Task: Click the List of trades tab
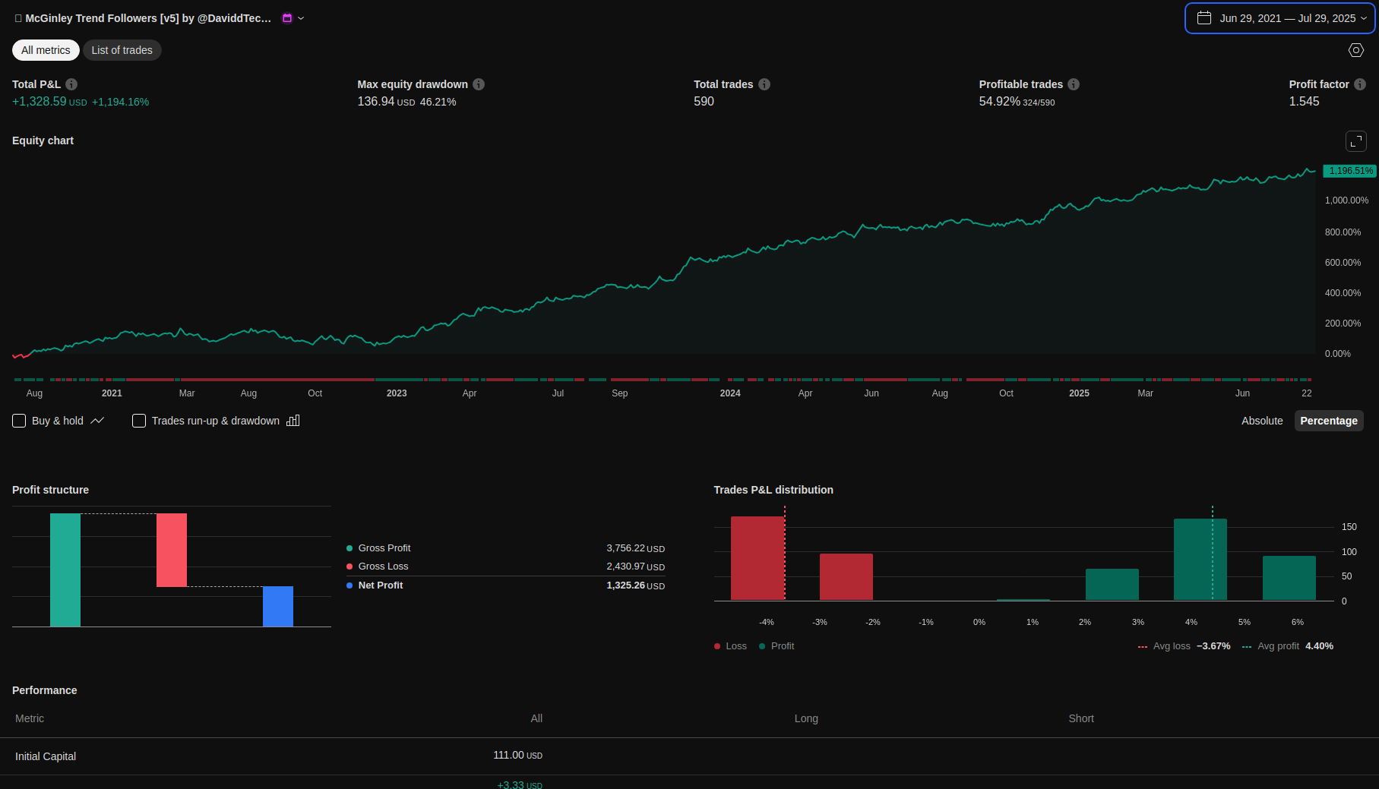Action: (x=122, y=50)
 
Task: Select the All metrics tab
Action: (x=46, y=50)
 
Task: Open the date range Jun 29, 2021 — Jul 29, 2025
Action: (x=1280, y=18)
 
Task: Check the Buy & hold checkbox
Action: (x=19, y=421)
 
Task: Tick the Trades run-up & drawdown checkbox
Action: (x=139, y=421)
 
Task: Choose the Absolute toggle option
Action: (x=1262, y=421)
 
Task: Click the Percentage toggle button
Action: (x=1328, y=421)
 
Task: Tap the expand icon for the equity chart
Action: (x=1356, y=141)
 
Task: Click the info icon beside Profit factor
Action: (x=1360, y=84)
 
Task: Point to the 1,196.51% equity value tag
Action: (x=1350, y=171)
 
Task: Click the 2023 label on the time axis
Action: (x=397, y=393)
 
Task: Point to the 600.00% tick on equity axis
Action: (x=1343, y=263)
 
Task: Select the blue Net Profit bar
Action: (x=278, y=606)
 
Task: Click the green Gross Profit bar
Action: (x=65, y=570)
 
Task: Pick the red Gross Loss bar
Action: (x=172, y=550)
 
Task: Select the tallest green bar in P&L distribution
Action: (x=1200, y=560)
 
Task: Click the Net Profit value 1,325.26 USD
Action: (x=635, y=585)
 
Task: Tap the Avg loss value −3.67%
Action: (x=1213, y=646)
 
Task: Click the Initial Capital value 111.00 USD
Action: (x=517, y=756)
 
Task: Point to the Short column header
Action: (x=1081, y=718)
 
